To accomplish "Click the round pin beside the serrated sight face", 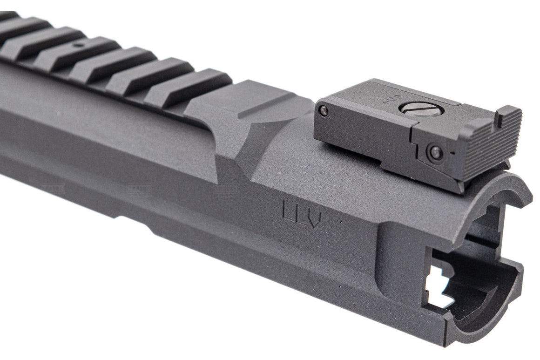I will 435,151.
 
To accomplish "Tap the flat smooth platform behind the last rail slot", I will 251,102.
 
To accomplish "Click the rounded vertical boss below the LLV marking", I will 396,261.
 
